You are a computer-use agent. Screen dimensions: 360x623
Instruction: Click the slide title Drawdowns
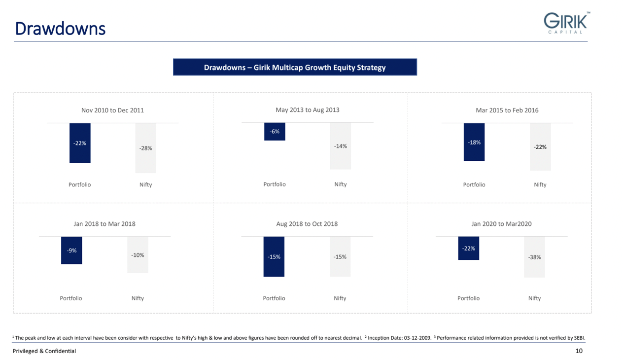(60, 29)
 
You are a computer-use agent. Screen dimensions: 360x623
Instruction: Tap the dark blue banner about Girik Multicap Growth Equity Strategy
(295, 67)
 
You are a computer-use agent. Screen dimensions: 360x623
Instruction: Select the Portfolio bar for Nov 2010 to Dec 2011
(80, 143)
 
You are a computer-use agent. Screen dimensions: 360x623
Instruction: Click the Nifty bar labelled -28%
(146, 148)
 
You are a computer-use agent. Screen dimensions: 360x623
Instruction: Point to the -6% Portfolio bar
(275, 132)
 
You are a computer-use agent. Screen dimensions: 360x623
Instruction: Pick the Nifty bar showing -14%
(341, 146)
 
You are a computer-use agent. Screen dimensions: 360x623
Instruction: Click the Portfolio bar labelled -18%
(474, 142)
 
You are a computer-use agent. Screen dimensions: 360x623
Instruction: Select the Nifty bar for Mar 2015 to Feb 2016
(540, 147)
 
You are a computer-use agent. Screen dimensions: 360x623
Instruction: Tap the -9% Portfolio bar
(71, 251)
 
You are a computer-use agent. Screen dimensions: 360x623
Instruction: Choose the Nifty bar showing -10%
(138, 255)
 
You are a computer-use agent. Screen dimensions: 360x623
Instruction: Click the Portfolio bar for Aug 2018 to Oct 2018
(274, 256)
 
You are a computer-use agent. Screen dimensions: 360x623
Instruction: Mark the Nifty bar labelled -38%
(535, 257)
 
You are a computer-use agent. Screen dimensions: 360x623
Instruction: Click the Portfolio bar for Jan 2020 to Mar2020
(469, 249)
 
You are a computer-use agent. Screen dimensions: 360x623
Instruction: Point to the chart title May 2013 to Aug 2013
(308, 110)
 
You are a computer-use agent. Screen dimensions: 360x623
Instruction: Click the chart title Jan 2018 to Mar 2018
(104, 224)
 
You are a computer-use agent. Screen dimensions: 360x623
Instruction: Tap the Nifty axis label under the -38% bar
(534, 298)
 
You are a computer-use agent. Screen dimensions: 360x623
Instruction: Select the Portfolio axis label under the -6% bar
(275, 184)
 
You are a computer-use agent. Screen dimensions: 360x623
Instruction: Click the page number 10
(579, 351)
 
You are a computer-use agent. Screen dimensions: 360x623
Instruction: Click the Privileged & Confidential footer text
(44, 351)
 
